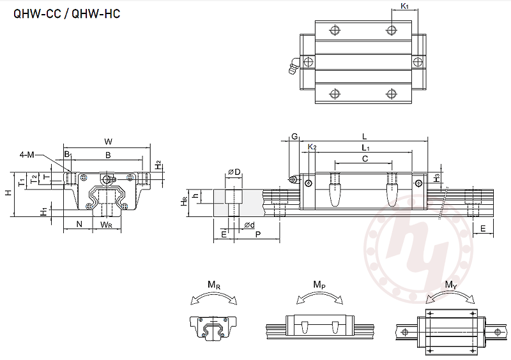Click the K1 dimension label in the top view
point(404,6)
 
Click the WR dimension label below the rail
point(106,224)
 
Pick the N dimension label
point(79,224)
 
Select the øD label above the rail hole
point(234,172)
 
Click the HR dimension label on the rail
point(184,200)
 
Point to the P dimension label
point(257,235)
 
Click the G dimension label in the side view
point(294,137)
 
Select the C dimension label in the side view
point(364,158)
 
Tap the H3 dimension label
point(437,178)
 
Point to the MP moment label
point(318,285)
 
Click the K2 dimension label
point(312,147)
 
